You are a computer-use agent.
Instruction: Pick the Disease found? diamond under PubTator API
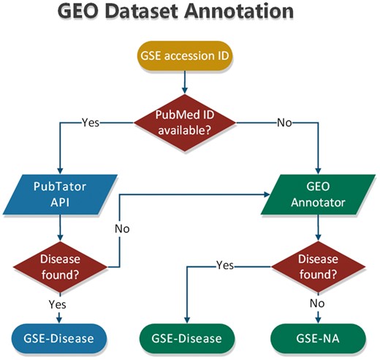point(60,266)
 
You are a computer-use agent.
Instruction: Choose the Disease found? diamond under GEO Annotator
point(316,266)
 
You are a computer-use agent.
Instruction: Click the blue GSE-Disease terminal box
point(60,338)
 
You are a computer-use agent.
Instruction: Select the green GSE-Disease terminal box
point(188,338)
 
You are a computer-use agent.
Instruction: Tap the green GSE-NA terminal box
point(316,338)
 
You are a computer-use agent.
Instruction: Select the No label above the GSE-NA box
point(316,302)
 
